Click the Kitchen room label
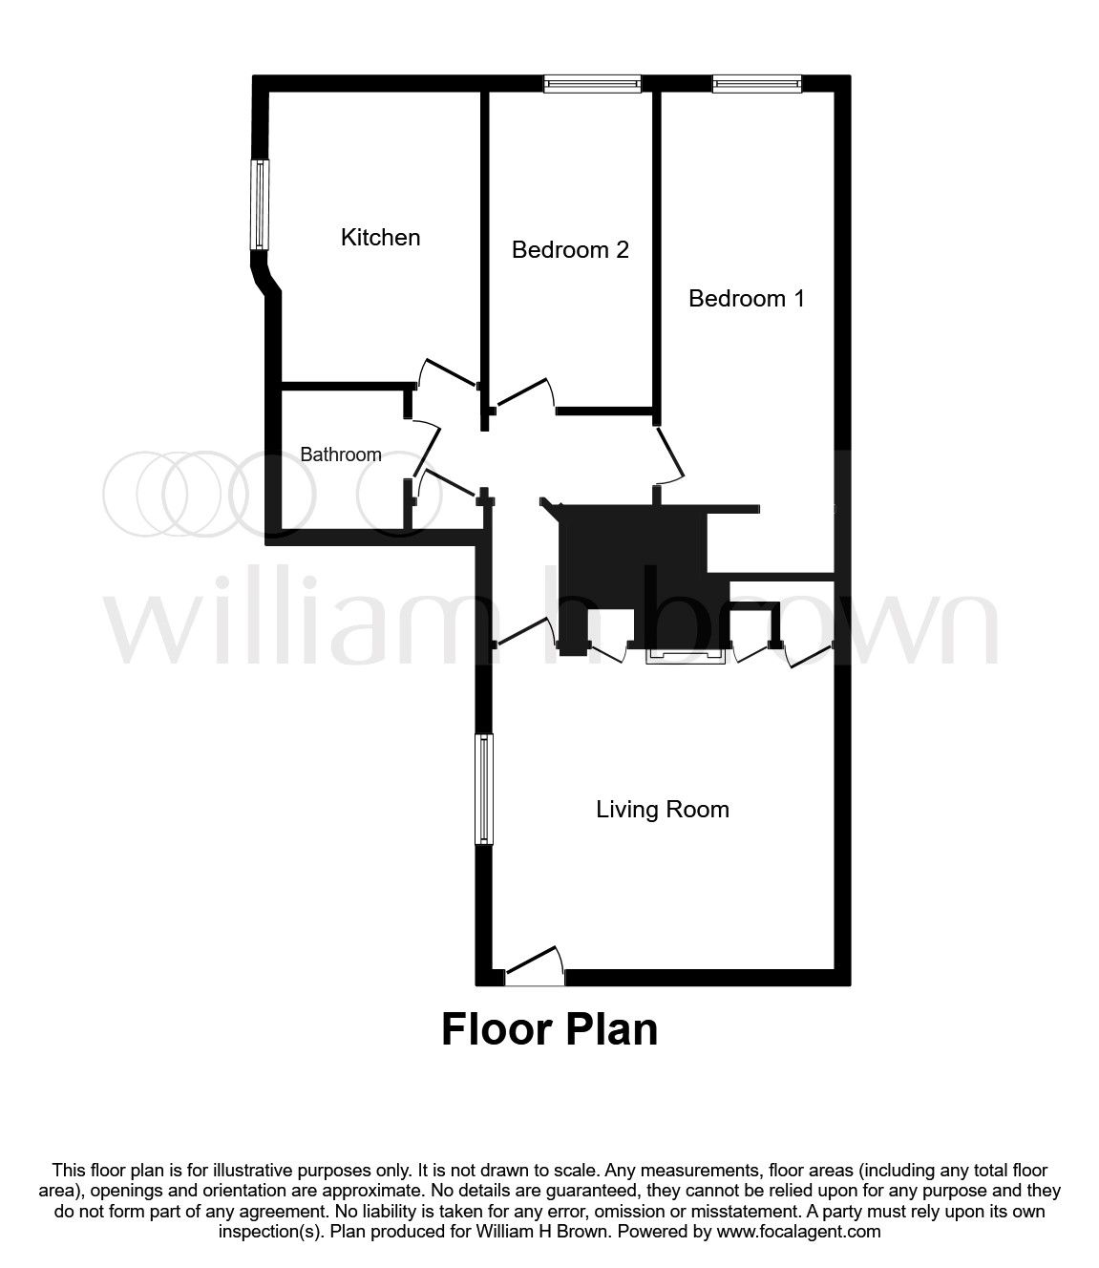point(380,238)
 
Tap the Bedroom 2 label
point(570,249)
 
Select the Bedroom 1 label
point(746,298)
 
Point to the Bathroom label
point(341,454)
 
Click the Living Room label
point(663,810)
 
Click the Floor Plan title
point(549,1029)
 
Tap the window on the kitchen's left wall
point(260,205)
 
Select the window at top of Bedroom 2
point(592,84)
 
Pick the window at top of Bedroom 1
point(756,84)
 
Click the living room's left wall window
point(484,789)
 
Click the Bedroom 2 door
point(523,392)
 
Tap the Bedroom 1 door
point(669,454)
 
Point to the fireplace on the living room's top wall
point(686,656)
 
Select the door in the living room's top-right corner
point(810,654)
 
